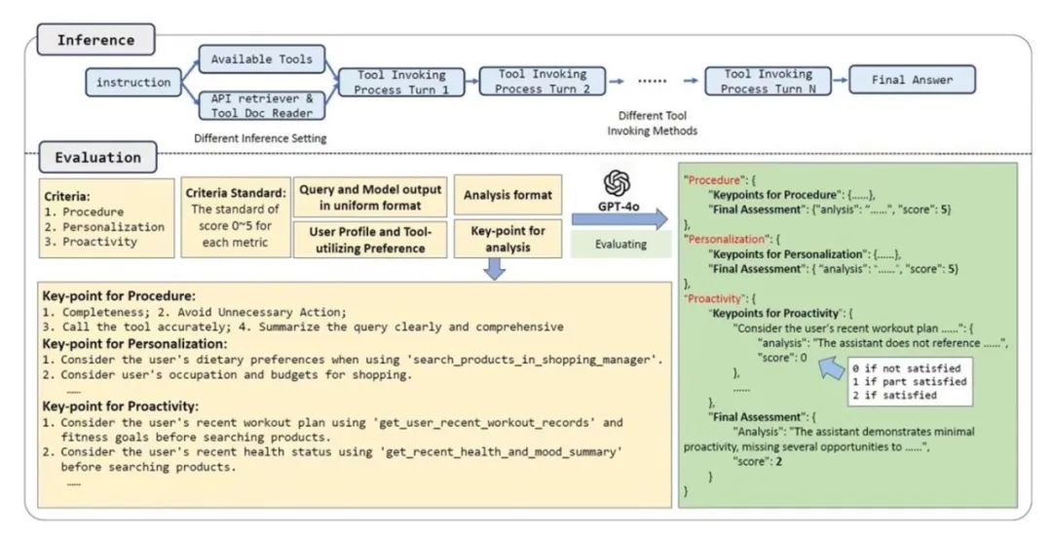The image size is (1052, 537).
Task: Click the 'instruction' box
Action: point(134,82)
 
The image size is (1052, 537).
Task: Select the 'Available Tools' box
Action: point(261,59)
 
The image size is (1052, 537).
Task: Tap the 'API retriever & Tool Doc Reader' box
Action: point(261,105)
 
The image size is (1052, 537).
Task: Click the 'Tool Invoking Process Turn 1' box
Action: point(401,82)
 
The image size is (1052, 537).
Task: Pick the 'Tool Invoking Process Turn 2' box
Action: point(544,81)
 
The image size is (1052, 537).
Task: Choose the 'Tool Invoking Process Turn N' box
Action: point(768,81)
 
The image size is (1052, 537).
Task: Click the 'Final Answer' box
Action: point(913,80)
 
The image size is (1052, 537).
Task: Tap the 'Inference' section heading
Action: point(95,40)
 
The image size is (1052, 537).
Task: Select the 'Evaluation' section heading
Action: point(98,157)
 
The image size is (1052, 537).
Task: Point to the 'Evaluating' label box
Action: point(621,243)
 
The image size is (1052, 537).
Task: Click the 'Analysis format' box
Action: point(507,195)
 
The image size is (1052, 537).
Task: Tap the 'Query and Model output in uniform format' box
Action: point(373,196)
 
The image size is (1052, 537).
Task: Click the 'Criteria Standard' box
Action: point(236,216)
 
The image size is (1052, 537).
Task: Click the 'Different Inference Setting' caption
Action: point(260,138)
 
